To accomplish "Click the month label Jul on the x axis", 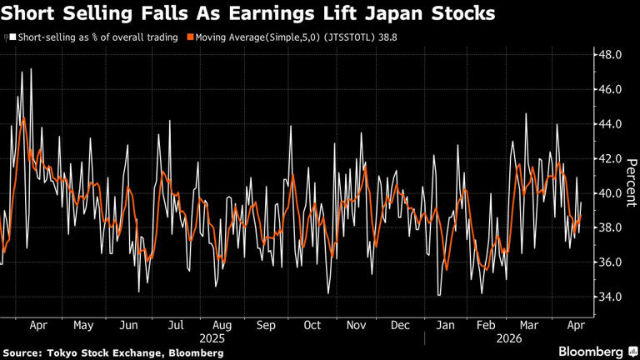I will pos(176,326).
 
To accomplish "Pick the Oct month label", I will pos(312,326).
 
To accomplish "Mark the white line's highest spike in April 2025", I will pos(32,69).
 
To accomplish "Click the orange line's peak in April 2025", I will pos(23,118).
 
